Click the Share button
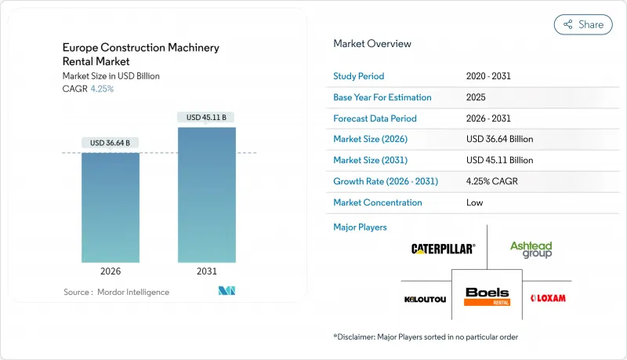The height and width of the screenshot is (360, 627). [583, 24]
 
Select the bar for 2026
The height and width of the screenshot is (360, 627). [111, 207]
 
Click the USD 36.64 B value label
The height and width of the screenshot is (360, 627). [111, 143]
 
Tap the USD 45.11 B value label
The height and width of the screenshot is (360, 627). [206, 118]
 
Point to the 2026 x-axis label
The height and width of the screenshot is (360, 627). [111, 271]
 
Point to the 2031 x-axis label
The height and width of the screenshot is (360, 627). [206, 271]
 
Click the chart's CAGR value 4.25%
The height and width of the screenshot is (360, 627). [102, 89]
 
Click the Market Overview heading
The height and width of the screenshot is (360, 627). [371, 44]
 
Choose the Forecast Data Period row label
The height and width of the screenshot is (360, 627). [375, 118]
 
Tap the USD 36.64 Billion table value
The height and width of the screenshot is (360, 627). [499, 139]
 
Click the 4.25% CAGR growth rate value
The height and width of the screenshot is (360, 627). [492, 181]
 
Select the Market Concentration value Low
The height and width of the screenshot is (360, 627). [474, 202]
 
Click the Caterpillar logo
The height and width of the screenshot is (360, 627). [443, 249]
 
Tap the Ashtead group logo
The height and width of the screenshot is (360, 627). [531, 249]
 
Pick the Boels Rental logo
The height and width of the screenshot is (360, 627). [487, 296]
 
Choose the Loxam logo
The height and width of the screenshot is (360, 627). [548, 298]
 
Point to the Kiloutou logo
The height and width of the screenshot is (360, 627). [426, 298]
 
